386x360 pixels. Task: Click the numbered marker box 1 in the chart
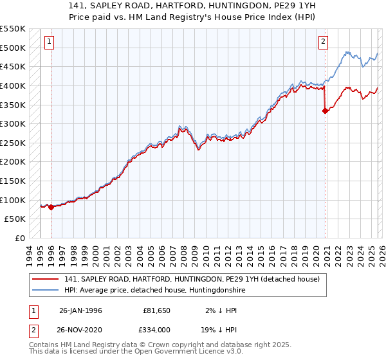tap(50, 42)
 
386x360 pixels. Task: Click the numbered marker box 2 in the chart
tap(323, 42)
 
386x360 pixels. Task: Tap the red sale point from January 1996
tap(51, 207)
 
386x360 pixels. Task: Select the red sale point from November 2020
tap(325, 111)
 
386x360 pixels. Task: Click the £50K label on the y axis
tap(15, 219)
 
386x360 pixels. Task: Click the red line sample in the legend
tap(46, 279)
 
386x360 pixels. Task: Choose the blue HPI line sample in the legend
tap(46, 290)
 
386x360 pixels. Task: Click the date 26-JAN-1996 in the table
tap(80, 310)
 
